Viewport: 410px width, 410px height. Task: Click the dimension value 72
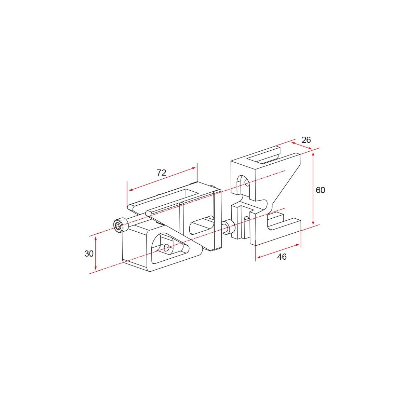(162, 173)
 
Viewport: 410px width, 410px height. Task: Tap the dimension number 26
(306, 140)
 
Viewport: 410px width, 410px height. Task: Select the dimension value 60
(320, 190)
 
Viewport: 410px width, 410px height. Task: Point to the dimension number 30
(89, 254)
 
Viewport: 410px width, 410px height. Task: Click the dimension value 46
(282, 257)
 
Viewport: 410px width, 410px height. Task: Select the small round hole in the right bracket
(247, 183)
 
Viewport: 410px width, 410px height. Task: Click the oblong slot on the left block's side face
(202, 224)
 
